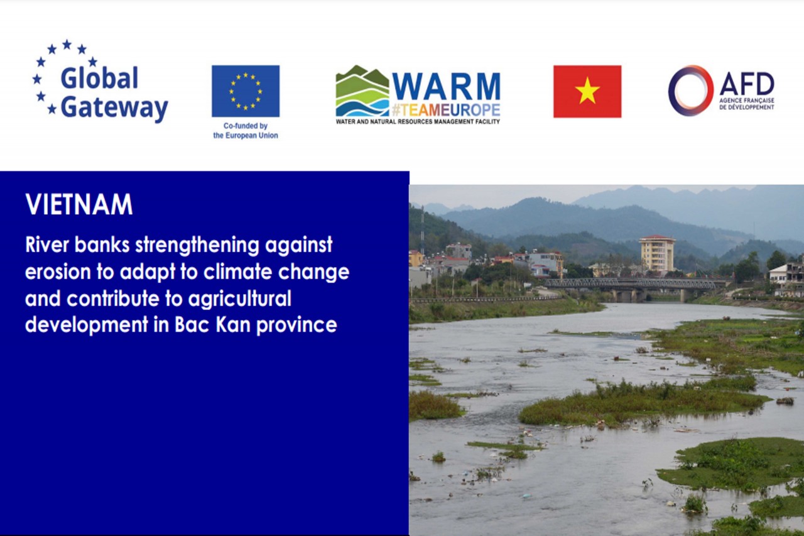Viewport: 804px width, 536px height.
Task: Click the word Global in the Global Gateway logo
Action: (99, 79)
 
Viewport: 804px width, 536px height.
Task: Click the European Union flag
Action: (245, 91)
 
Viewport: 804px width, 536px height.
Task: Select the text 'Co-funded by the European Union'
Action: (245, 131)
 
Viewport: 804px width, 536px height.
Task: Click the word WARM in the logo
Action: (447, 87)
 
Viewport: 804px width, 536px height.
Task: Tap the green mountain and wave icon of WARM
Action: (362, 91)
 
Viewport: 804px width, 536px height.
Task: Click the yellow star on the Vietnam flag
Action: (587, 92)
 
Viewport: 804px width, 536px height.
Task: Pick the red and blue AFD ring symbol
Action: (690, 90)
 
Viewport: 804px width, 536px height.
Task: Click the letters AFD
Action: (746, 84)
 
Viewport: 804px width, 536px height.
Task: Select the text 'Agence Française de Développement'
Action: (746, 104)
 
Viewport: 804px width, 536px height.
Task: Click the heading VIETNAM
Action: (79, 205)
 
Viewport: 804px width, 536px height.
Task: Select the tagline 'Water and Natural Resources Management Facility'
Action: (418, 121)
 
